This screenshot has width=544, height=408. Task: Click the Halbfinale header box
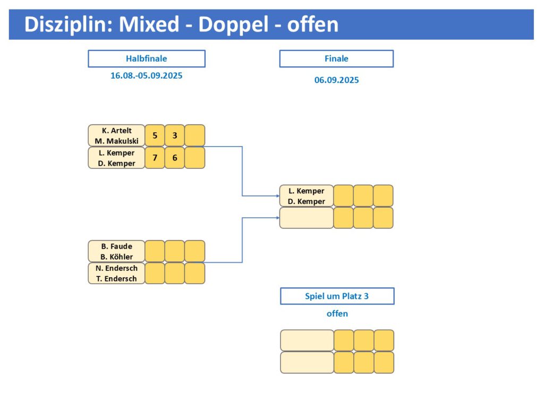tap(147, 58)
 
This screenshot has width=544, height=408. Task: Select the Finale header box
tap(336, 58)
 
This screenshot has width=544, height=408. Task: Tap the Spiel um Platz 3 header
tap(337, 296)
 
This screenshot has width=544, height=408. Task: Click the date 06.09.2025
tap(336, 80)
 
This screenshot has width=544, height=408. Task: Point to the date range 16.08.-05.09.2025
tap(147, 75)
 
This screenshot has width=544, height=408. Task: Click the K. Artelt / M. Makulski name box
tap(116, 135)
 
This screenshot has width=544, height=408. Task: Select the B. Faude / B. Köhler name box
tap(116, 251)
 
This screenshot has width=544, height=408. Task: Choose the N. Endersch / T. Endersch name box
tap(116, 273)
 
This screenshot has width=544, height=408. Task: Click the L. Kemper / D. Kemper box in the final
tap(307, 195)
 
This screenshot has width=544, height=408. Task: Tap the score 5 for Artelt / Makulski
tap(155, 135)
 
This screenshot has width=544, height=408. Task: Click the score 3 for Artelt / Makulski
tap(174, 135)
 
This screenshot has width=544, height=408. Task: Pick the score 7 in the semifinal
tap(155, 157)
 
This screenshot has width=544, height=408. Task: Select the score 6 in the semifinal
tap(174, 157)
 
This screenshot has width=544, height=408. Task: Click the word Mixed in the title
tap(149, 24)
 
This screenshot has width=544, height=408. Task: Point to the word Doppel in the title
tap(233, 25)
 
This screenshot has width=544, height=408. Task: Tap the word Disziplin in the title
tap(69, 25)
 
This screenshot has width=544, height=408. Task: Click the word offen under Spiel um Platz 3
tap(337, 313)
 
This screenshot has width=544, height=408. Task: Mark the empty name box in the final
tap(307, 218)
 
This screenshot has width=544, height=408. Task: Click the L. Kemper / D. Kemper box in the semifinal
tap(116, 157)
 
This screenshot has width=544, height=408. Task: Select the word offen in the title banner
tap(312, 24)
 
